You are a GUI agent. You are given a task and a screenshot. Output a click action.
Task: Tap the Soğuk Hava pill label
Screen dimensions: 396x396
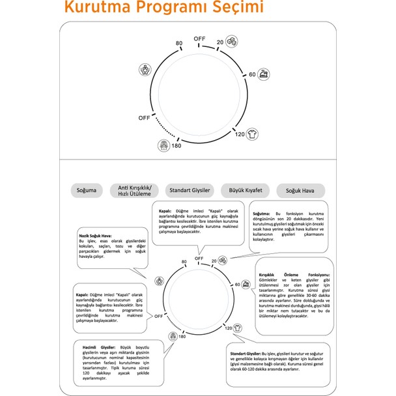click(x=300, y=191)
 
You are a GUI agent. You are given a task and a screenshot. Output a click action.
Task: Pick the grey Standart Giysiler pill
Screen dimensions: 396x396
click(x=190, y=190)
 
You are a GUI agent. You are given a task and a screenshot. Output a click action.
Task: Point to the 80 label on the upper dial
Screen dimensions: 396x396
click(x=179, y=44)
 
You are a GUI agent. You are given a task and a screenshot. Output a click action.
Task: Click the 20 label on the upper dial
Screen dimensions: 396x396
click(x=221, y=42)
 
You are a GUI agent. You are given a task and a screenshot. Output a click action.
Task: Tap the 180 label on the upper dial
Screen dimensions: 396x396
click(x=175, y=147)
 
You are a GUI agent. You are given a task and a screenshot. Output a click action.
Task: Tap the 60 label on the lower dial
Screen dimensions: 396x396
click(x=237, y=285)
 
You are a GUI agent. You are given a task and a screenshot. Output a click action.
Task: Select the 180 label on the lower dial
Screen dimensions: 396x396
click(x=182, y=337)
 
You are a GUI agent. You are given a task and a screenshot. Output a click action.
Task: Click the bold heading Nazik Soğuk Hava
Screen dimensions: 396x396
click(x=96, y=236)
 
